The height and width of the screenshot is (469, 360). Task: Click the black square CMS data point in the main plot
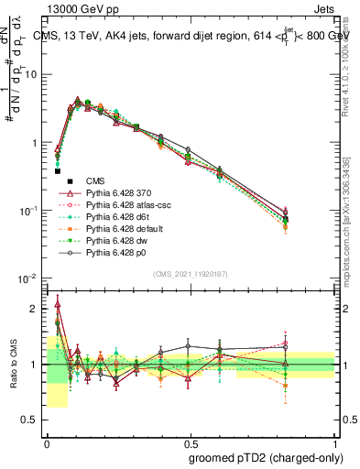pyautogui.click(x=57, y=170)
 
